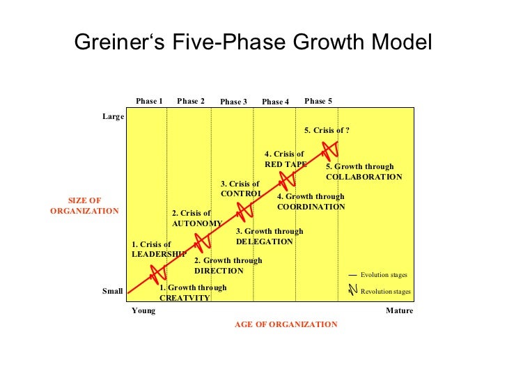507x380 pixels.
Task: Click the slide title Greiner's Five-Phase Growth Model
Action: pyautogui.click(x=253, y=42)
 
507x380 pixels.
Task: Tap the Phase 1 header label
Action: pyautogui.click(x=149, y=101)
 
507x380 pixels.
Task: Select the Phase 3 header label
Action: pyautogui.click(x=233, y=102)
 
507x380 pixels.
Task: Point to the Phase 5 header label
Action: pyautogui.click(x=318, y=101)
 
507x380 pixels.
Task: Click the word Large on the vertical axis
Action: pyautogui.click(x=113, y=116)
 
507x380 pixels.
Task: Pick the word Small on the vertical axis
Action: pyautogui.click(x=113, y=291)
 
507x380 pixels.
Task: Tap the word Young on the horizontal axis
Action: pyautogui.click(x=143, y=310)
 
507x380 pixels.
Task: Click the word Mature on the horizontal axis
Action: pyautogui.click(x=399, y=310)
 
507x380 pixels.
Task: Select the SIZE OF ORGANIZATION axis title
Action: pyautogui.click(x=85, y=205)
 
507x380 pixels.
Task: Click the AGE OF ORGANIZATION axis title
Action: pyautogui.click(x=286, y=324)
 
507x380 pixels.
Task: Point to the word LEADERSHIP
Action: pyautogui.click(x=159, y=254)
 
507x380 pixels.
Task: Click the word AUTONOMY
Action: pyautogui.click(x=196, y=223)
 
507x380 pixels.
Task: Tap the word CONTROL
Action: pyautogui.click(x=241, y=193)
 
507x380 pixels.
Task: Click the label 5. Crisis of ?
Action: pyautogui.click(x=327, y=130)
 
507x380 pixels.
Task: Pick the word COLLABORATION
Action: pyautogui.click(x=364, y=177)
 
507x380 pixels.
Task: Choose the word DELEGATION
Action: pyautogui.click(x=265, y=242)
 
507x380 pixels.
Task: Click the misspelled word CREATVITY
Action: pyautogui.click(x=185, y=298)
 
